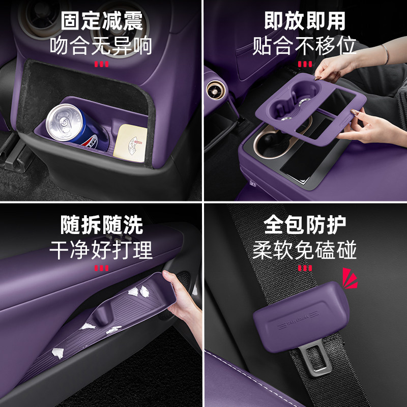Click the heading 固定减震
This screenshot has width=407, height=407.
point(102,21)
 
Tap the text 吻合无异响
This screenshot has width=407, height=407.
point(101,45)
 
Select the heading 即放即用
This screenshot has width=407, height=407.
point(305,21)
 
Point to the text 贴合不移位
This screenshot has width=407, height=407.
point(304,45)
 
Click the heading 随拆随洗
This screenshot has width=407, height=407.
point(101,225)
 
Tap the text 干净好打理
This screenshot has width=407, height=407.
point(101,250)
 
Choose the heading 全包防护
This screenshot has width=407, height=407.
point(305,225)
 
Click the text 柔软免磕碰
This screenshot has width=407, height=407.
point(304,250)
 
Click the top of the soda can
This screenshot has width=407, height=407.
point(64,122)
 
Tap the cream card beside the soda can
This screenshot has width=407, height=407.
point(131,143)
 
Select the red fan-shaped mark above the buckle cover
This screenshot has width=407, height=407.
point(350,278)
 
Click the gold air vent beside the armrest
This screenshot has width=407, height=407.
point(216,90)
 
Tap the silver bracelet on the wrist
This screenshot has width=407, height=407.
point(386,54)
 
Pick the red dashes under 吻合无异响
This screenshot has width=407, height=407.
point(101,64)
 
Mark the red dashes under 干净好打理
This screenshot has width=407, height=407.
point(101,268)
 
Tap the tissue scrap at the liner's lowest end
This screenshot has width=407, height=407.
point(57,353)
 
